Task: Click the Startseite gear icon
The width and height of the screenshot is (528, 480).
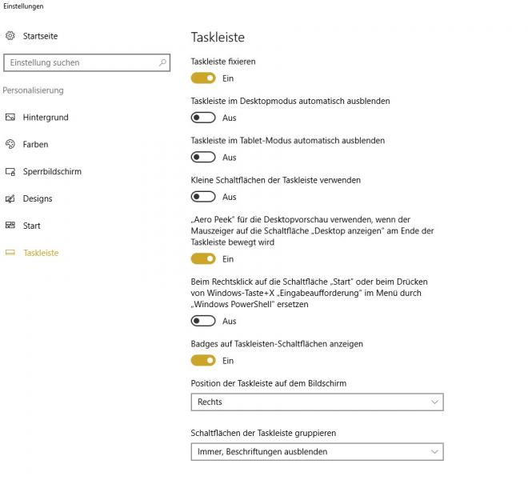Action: coord(10,36)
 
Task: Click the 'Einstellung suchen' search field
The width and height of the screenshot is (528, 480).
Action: coord(80,62)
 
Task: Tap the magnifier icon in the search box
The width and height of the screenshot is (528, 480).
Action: coord(162,62)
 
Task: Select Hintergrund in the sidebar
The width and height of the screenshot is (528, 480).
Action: coord(46,118)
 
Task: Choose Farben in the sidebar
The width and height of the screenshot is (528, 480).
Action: coord(35,145)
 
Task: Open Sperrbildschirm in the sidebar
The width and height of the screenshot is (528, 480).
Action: coord(52,172)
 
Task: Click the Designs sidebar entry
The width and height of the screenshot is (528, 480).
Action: coord(38,199)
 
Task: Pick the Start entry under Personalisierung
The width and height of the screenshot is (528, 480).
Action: coord(32,226)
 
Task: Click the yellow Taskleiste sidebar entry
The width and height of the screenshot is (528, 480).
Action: coord(41,254)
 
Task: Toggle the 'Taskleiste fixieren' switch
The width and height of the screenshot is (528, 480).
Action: coord(203,78)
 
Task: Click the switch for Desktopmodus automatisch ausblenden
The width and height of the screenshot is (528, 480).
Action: coord(203,118)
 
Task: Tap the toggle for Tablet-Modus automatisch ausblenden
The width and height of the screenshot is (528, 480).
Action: coord(203,158)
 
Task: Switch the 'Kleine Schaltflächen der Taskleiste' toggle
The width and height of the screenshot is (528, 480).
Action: coord(203,197)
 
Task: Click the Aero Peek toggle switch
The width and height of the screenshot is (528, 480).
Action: coord(203,259)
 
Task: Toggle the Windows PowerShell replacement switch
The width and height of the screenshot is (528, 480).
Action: coord(203,322)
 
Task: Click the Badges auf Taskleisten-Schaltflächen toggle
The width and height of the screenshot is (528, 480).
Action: coord(203,361)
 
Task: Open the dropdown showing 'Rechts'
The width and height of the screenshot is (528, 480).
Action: coord(317,402)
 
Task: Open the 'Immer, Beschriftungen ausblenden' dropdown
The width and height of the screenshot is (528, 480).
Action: coord(317,452)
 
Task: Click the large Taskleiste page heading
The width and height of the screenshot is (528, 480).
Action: coord(218,38)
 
